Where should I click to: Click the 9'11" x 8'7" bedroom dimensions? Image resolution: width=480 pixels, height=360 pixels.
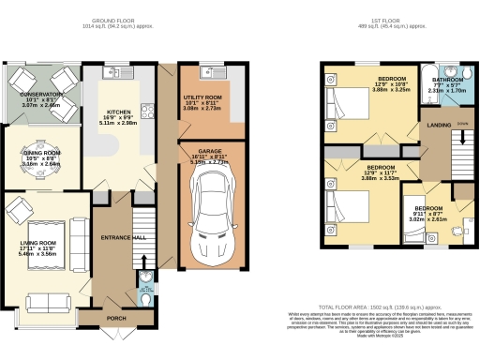pyautogui.click(x=428, y=218)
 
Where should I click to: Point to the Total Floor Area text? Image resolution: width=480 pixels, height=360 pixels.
pyautogui.click(x=381, y=307)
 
